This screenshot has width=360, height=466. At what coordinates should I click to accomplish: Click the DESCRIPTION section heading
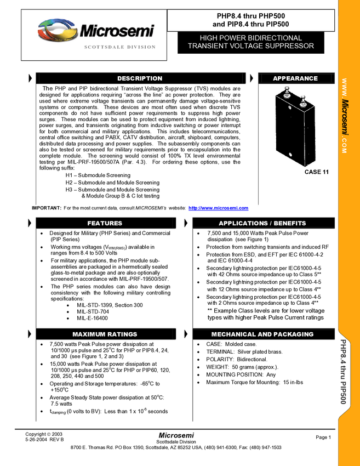click(140, 78)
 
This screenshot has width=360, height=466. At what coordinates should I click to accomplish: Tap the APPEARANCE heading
click(295, 78)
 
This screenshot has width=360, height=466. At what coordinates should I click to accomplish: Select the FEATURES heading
click(105, 223)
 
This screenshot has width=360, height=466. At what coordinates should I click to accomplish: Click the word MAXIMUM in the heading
click(89, 334)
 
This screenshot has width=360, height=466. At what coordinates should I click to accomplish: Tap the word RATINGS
click(122, 334)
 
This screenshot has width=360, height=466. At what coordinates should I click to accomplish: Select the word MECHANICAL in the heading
click(233, 334)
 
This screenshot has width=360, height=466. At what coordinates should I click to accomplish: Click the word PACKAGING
click(294, 334)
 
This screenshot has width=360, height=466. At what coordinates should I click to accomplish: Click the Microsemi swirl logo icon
click(57, 31)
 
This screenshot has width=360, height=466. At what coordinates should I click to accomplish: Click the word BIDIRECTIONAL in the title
click(275, 38)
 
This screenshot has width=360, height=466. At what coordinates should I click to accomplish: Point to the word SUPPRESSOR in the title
click(289, 46)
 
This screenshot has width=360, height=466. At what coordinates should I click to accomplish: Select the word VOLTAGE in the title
click(246, 46)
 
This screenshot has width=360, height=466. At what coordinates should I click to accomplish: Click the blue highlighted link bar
click(218, 209)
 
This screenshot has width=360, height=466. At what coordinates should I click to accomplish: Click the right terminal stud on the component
click(302, 99)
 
